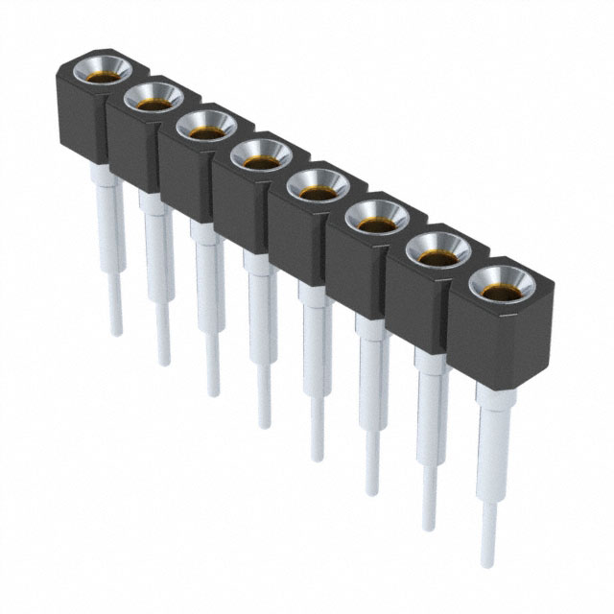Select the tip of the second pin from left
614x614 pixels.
[164, 362]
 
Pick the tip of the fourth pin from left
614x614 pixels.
[264, 422]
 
